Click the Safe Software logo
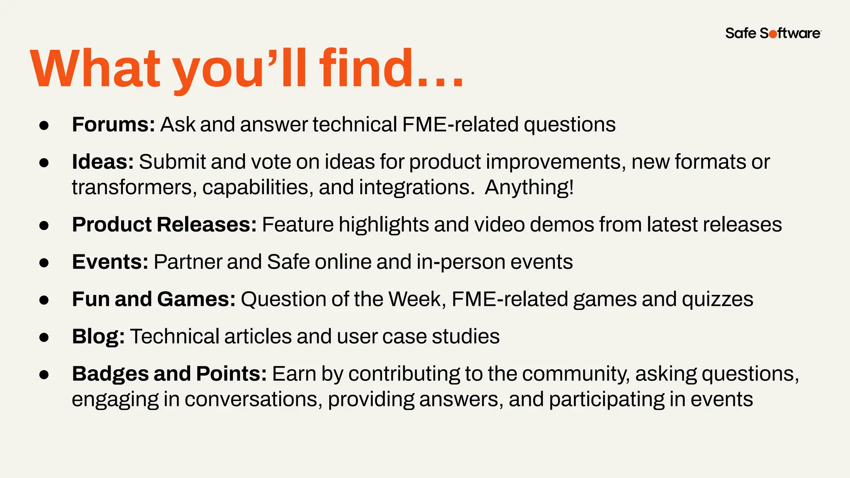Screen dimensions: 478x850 773,33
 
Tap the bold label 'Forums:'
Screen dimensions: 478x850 113,124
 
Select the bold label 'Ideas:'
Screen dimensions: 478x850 103,162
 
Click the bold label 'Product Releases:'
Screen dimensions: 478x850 164,224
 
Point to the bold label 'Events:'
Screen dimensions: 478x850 110,262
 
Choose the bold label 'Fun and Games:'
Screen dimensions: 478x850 154,299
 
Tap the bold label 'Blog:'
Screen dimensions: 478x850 98,337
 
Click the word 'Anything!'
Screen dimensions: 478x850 529,187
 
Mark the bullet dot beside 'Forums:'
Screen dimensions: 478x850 44,125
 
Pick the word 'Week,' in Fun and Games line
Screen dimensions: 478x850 417,299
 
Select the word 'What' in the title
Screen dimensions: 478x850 95,68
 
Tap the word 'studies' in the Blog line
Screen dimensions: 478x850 465,337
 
